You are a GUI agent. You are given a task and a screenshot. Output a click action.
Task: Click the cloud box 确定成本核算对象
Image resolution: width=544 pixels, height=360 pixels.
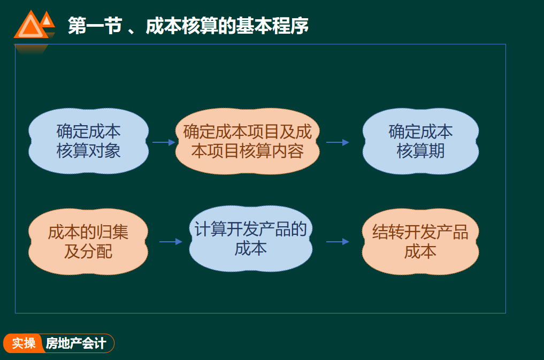click(88, 141)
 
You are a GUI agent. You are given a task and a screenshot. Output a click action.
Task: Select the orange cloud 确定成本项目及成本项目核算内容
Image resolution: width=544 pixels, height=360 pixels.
click(247, 141)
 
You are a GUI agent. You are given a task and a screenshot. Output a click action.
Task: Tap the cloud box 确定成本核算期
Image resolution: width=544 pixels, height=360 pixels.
click(420, 141)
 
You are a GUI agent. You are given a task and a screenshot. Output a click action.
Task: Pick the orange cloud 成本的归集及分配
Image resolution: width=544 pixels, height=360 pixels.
click(88, 242)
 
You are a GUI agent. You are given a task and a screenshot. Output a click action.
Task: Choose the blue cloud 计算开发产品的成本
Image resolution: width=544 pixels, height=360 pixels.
click(250, 240)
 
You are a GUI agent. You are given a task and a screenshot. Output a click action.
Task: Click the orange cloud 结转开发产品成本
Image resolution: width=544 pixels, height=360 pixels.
click(420, 242)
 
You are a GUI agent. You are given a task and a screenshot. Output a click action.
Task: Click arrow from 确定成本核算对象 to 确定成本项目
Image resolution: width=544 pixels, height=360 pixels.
click(164, 142)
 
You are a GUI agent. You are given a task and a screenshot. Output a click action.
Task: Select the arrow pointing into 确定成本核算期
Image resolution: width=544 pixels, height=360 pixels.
click(338, 142)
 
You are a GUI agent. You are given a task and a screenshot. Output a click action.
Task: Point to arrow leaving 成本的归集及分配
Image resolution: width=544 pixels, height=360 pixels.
click(171, 242)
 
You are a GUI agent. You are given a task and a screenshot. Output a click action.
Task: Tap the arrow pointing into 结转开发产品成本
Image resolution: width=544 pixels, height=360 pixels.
click(338, 242)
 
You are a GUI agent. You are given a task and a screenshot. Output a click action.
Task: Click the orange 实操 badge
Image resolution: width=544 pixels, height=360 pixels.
click(24, 343)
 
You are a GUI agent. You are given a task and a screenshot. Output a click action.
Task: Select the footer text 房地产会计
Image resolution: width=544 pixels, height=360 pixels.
click(76, 343)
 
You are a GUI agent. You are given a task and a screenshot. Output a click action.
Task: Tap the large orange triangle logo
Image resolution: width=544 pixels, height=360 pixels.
click(30, 27)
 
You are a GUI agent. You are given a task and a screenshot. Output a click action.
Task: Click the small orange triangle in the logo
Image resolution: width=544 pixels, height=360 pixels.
click(48, 20)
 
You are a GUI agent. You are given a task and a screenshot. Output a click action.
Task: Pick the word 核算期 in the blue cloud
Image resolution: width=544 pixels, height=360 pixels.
click(420, 151)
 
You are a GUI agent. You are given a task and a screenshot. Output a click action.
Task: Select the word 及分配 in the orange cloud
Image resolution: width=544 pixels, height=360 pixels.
click(88, 251)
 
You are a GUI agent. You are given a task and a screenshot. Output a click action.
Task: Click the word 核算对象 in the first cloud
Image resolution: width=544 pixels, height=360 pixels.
click(88, 151)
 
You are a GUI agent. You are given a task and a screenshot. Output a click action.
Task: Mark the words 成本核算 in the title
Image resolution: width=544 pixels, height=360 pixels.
click(190, 26)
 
